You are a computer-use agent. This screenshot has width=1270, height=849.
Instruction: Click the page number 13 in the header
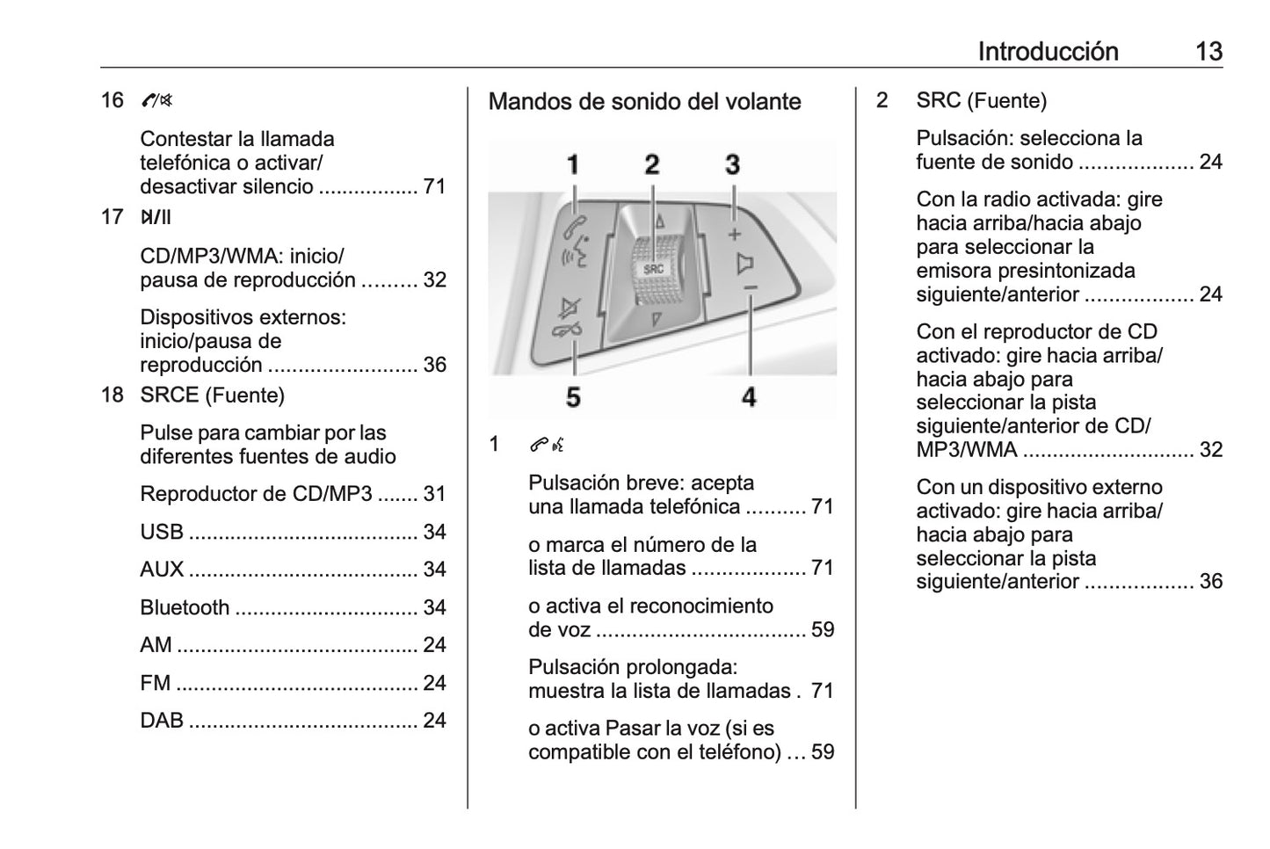pyautogui.click(x=1208, y=51)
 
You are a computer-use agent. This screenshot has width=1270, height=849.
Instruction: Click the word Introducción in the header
pyautogui.click(x=1048, y=51)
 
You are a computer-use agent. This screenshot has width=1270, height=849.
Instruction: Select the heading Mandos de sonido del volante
pyautogui.click(x=644, y=102)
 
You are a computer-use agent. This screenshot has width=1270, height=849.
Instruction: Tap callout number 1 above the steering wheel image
pyautogui.click(x=573, y=164)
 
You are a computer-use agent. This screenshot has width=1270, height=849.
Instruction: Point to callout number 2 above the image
pyautogui.click(x=651, y=164)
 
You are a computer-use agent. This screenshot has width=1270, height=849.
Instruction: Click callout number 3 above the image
pyautogui.click(x=732, y=164)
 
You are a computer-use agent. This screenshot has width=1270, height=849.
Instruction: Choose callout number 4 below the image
pyautogui.click(x=749, y=397)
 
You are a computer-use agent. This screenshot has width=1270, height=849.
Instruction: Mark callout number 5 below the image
pyautogui.click(x=573, y=397)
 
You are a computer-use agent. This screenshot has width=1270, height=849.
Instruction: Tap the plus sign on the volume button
pyautogui.click(x=735, y=234)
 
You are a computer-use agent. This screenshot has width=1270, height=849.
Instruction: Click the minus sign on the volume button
pyautogui.click(x=750, y=287)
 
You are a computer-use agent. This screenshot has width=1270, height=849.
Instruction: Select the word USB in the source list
pyautogui.click(x=162, y=532)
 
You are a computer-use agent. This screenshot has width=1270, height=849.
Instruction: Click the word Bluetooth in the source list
pyautogui.click(x=185, y=607)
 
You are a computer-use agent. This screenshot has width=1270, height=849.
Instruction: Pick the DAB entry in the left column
pyautogui.click(x=162, y=721)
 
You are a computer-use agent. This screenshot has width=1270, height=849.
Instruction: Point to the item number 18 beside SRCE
pyautogui.click(x=112, y=395)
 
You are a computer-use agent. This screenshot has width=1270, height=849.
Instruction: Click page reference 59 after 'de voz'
pyautogui.click(x=823, y=629)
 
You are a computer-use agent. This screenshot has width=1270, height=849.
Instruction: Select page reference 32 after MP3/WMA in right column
pyautogui.click(x=1210, y=449)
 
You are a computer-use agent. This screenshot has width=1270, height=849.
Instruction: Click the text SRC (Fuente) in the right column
pyautogui.click(x=981, y=100)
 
